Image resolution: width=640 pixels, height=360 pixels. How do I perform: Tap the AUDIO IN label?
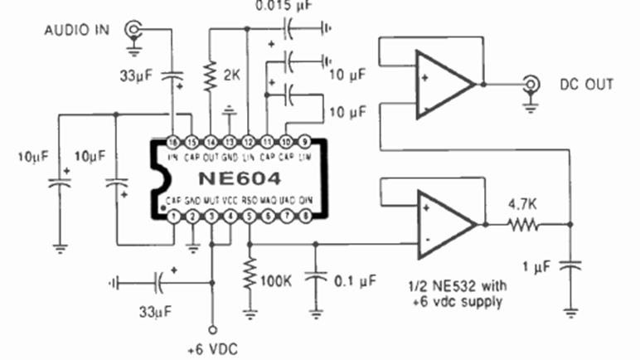point(77,32)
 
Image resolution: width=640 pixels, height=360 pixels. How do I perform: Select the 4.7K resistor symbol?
point(524,224)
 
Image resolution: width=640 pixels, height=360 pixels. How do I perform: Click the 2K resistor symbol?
point(209,77)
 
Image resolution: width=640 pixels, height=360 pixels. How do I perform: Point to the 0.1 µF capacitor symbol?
point(315,278)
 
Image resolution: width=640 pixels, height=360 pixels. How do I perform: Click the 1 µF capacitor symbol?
point(570,267)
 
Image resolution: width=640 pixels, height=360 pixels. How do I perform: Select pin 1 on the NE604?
point(172,217)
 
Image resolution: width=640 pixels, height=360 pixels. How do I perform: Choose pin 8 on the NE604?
point(306,217)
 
